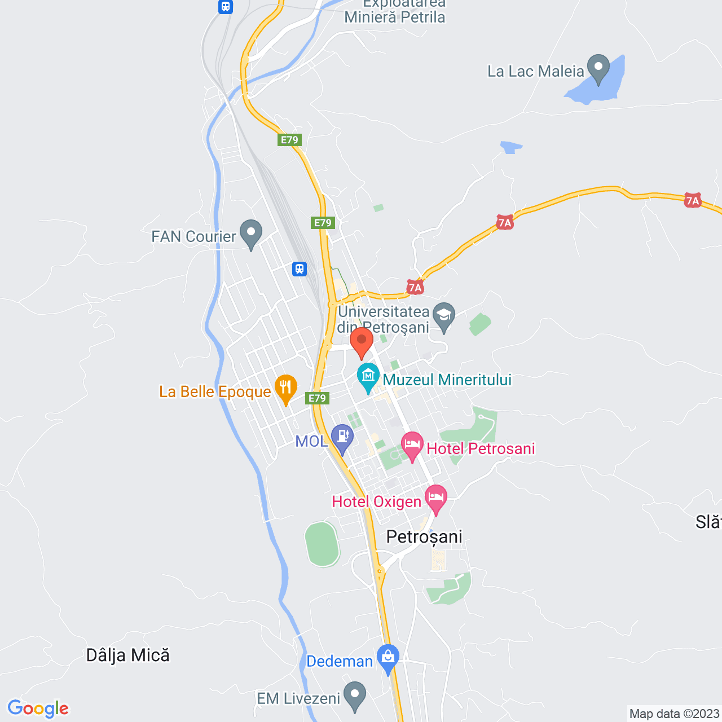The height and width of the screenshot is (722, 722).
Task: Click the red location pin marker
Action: click(362, 342)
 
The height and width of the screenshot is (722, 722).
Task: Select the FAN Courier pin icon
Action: click(251, 233)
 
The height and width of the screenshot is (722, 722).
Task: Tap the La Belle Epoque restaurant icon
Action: click(286, 388)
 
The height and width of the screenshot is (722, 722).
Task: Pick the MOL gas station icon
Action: click(342, 437)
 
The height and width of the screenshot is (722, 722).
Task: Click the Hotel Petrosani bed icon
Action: click(412, 445)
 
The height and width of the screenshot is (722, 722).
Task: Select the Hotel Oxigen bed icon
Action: click(435, 498)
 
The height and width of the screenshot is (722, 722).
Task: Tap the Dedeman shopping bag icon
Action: click(388, 658)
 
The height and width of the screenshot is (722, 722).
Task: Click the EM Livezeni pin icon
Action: click(355, 695)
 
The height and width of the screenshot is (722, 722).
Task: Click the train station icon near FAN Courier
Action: click(300, 269)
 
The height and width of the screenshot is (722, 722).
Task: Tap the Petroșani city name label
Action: click(424, 537)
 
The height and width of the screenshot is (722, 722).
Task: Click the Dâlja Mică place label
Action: click(128, 655)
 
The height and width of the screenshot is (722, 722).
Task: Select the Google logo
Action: click(38, 708)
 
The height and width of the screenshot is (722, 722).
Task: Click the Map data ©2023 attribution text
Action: click(674, 714)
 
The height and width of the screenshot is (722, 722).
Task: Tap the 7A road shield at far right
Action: click(693, 201)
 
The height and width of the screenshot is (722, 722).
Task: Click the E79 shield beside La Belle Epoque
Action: click(318, 398)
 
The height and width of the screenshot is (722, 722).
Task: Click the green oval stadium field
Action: click(322, 544)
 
